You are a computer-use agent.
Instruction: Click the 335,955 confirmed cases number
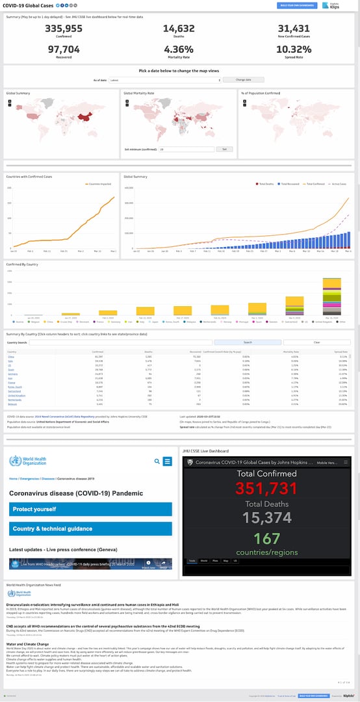click(x=64, y=29)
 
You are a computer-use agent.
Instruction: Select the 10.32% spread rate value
click(x=294, y=49)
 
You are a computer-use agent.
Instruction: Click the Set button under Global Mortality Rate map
click(x=224, y=149)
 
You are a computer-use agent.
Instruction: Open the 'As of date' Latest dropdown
click(x=165, y=79)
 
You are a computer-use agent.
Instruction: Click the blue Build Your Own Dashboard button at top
click(x=296, y=5)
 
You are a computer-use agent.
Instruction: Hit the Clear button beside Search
click(x=316, y=342)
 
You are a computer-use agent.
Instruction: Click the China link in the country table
click(x=10, y=356)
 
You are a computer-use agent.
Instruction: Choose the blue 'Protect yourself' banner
click(x=90, y=509)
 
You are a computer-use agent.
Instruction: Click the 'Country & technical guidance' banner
click(x=90, y=528)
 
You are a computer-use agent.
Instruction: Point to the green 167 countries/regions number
click(x=267, y=538)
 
